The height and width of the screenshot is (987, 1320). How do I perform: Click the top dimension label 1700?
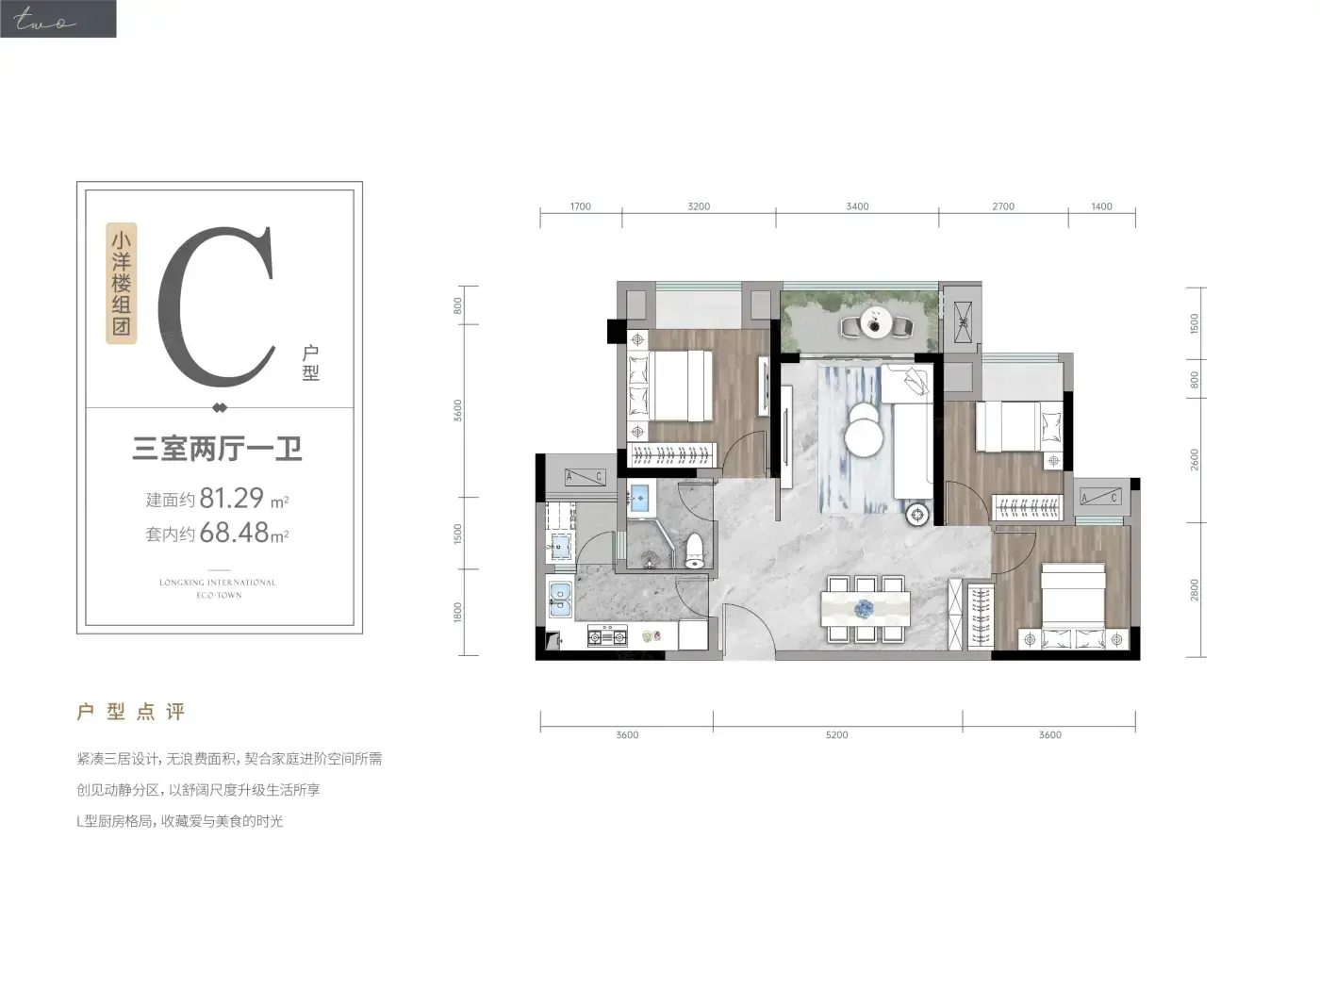point(580,206)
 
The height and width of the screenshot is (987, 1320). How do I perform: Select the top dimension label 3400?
point(857,206)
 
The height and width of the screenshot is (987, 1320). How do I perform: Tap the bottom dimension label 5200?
point(836,734)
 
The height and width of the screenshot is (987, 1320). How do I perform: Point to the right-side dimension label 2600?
point(1195,460)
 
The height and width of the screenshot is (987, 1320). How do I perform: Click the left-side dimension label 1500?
point(458,534)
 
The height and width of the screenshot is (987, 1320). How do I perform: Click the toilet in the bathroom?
point(695,551)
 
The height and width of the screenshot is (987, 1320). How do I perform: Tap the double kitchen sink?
point(560,600)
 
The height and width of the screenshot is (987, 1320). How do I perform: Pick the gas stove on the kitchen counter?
point(607,636)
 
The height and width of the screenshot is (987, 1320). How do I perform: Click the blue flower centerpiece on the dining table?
point(865,609)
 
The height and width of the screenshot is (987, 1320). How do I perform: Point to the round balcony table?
point(876,322)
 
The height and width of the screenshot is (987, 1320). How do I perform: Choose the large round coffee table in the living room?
point(864,438)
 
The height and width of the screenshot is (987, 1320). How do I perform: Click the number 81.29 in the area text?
point(232,498)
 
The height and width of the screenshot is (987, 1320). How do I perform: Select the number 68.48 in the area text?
point(234,533)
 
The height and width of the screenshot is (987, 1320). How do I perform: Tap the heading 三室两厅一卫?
point(217,449)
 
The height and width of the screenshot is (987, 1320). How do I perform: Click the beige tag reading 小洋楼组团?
point(122,283)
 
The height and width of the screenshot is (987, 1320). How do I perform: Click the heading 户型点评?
point(130,712)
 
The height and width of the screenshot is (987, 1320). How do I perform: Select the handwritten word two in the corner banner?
point(44,20)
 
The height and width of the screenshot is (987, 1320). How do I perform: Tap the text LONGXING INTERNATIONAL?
point(218,583)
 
